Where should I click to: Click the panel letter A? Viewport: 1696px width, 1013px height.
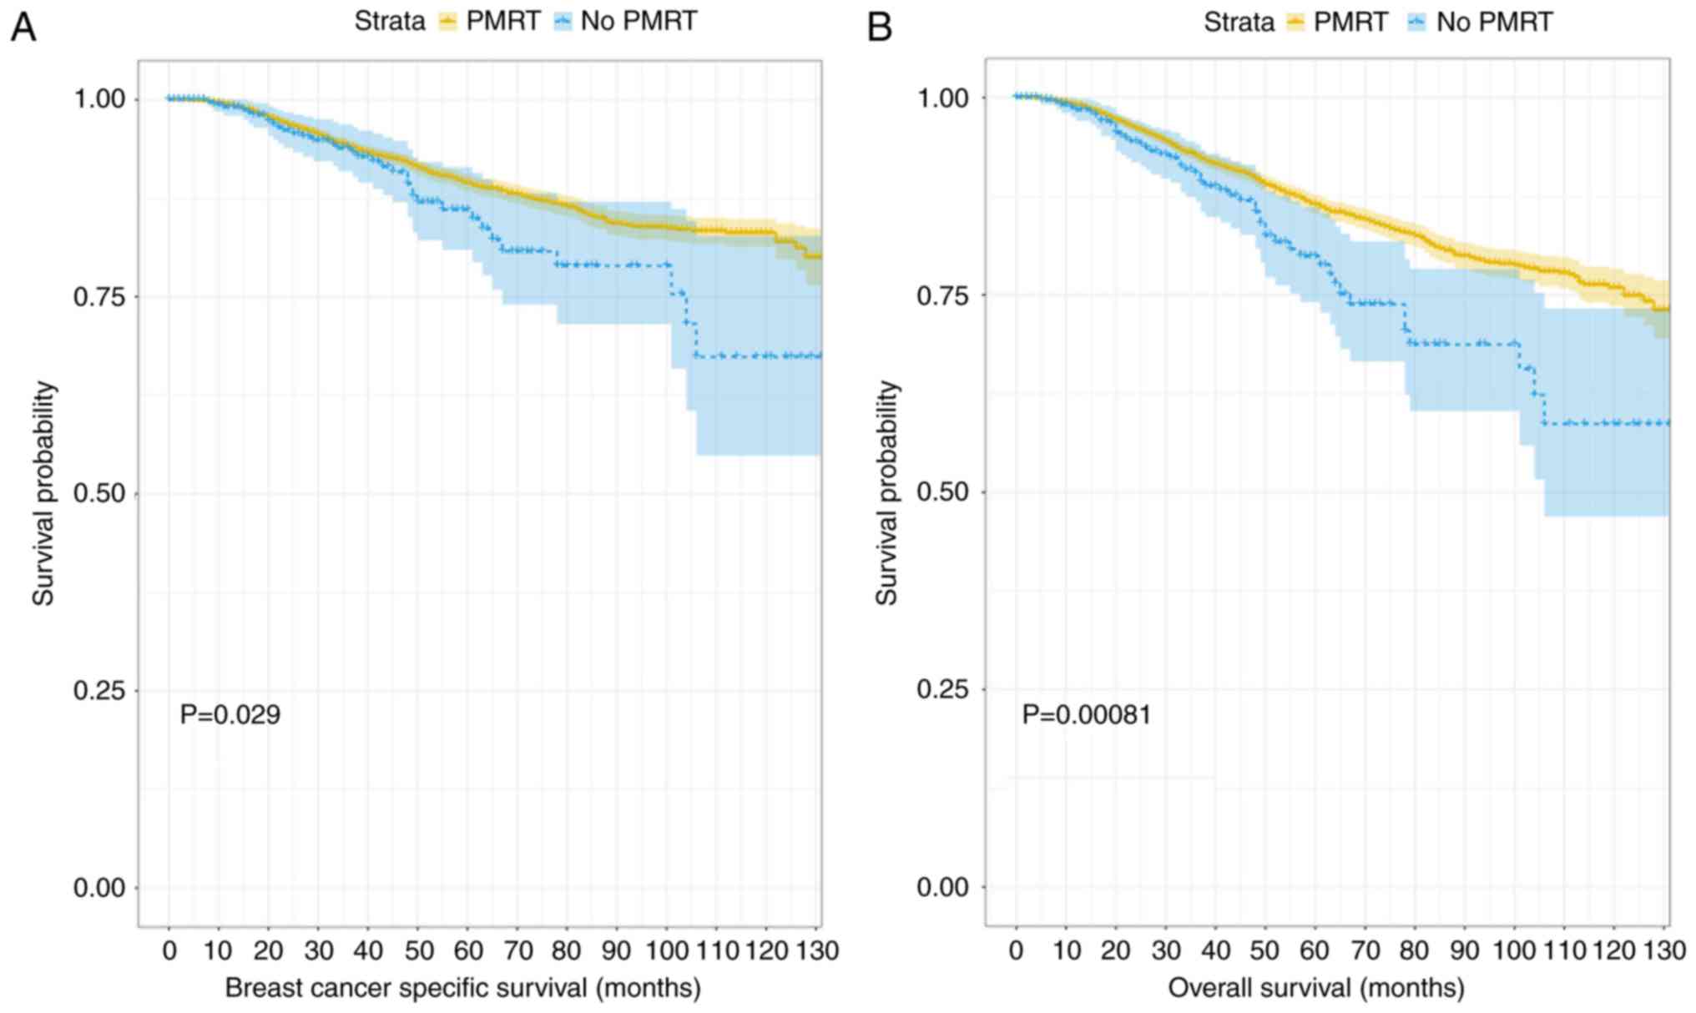[x=23, y=28]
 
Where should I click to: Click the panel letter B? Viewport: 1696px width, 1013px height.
[x=880, y=28]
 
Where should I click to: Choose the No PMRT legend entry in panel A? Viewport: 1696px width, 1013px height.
[x=625, y=21]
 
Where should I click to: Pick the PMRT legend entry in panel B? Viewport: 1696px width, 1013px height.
[x=1338, y=22]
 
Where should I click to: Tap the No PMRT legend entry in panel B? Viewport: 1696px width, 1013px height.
[x=1480, y=22]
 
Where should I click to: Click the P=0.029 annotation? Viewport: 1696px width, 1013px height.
[x=230, y=714]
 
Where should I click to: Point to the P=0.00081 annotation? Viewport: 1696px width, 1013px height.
[x=1087, y=714]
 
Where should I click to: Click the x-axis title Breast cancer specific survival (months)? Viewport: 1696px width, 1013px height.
[x=462, y=988]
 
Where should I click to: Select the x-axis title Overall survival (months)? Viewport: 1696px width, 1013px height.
[x=1316, y=988]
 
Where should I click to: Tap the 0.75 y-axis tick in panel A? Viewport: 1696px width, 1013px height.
[x=99, y=296]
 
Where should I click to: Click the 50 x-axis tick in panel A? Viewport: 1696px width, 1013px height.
[x=419, y=950]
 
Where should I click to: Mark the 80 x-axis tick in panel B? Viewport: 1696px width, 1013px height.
[x=1414, y=950]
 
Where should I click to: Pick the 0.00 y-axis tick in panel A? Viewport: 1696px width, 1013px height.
[x=99, y=888]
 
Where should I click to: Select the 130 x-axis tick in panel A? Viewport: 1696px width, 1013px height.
[x=817, y=950]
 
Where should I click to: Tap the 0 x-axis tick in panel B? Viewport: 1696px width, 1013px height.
[x=1016, y=950]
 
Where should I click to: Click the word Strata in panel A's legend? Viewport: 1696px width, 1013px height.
[x=389, y=21]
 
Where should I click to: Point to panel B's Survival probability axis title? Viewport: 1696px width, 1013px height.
[x=886, y=492]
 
